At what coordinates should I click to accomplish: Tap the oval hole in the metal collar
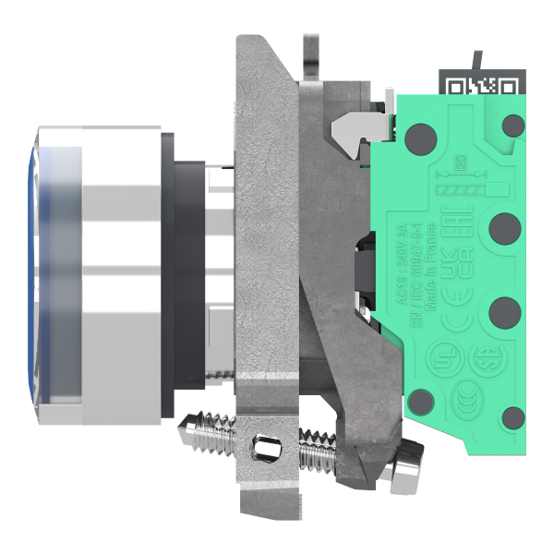tap(265, 450)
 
